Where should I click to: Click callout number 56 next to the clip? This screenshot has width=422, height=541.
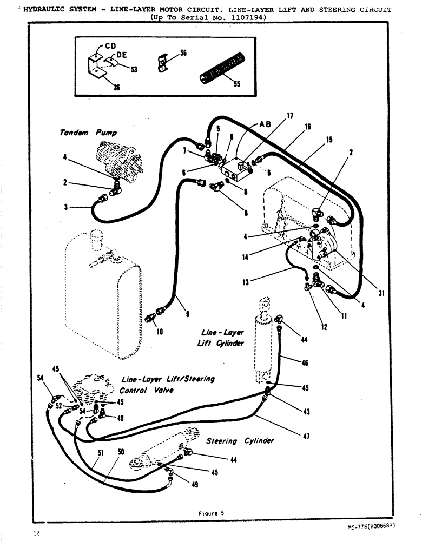coord(183,53)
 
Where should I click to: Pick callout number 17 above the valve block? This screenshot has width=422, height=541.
coord(289,116)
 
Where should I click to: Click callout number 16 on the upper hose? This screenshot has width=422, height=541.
coord(307,127)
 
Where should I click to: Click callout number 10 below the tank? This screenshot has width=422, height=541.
coord(160,332)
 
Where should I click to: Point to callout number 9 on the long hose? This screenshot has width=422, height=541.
coord(187,313)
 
